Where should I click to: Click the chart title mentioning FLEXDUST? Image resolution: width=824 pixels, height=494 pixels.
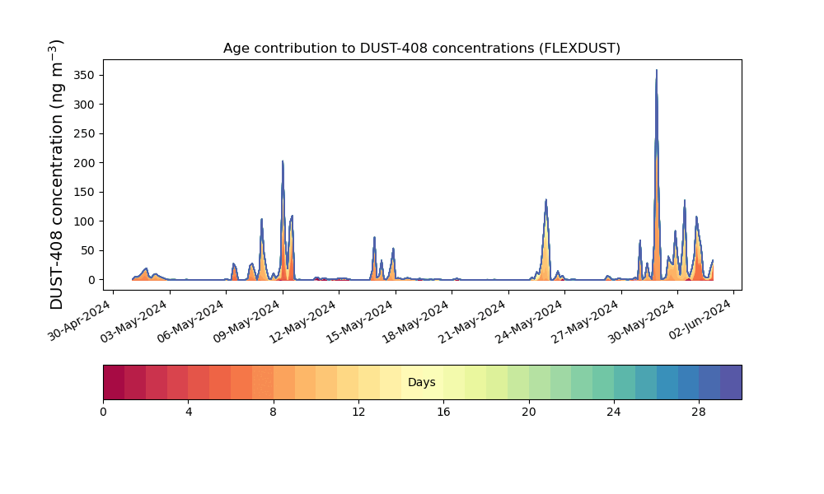tap(421, 49)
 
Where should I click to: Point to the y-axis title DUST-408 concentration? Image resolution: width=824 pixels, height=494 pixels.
tap(57, 175)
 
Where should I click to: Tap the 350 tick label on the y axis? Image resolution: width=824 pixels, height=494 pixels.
tap(84, 76)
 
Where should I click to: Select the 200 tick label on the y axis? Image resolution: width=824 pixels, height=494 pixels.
tap(84, 163)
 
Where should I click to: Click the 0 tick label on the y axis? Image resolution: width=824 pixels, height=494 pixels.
tap(92, 280)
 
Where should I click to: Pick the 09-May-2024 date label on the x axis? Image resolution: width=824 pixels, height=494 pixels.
tap(246, 321)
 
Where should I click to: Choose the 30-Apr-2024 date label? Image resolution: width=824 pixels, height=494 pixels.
tap(79, 321)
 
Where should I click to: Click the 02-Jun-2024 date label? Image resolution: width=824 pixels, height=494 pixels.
tap(700, 321)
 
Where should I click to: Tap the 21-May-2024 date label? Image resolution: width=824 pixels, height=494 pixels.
tap(472, 321)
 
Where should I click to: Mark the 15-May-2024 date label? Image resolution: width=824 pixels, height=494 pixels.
tap(359, 321)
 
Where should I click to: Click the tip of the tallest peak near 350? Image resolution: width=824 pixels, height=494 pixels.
tap(657, 70)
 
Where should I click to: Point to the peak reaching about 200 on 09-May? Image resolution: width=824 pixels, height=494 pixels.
tap(283, 161)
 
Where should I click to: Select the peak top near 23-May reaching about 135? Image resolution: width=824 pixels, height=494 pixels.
tap(546, 200)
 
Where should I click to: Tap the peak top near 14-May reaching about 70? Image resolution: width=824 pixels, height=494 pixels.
tap(375, 238)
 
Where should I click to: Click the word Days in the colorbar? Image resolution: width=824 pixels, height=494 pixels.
tap(421, 382)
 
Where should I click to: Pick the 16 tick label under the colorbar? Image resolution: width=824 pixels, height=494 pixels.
tap(443, 412)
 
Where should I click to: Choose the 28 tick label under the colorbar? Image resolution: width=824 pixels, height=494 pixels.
tap(699, 412)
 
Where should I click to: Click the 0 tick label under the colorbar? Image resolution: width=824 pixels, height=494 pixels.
tap(103, 412)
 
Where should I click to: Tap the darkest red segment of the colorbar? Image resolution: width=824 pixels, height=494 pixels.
tap(114, 382)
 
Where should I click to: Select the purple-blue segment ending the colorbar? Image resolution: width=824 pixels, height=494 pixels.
tap(731, 382)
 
